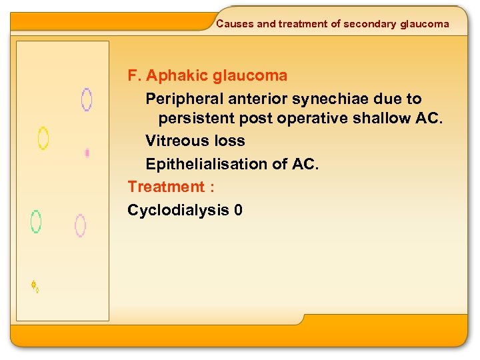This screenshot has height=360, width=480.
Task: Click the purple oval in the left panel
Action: tap(86, 99)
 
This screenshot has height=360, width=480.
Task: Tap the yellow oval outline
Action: tap(43, 138)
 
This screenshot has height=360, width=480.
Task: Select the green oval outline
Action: tap(36, 221)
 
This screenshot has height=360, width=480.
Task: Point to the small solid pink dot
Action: tap(87, 153)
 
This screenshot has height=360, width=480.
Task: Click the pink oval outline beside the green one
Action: tap(80, 225)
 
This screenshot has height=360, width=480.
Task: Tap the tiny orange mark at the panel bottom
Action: tap(35, 287)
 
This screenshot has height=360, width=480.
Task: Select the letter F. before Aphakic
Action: tap(134, 76)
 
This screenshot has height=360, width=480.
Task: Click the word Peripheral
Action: tap(185, 99)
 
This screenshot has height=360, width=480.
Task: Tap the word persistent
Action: tap(191, 119)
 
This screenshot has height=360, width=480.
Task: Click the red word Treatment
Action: tap(165, 187)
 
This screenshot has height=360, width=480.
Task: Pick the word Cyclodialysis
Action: tap(178, 211)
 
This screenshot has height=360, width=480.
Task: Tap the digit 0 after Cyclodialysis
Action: tap(239, 211)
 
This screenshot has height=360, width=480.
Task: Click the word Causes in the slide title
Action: tap(235, 24)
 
